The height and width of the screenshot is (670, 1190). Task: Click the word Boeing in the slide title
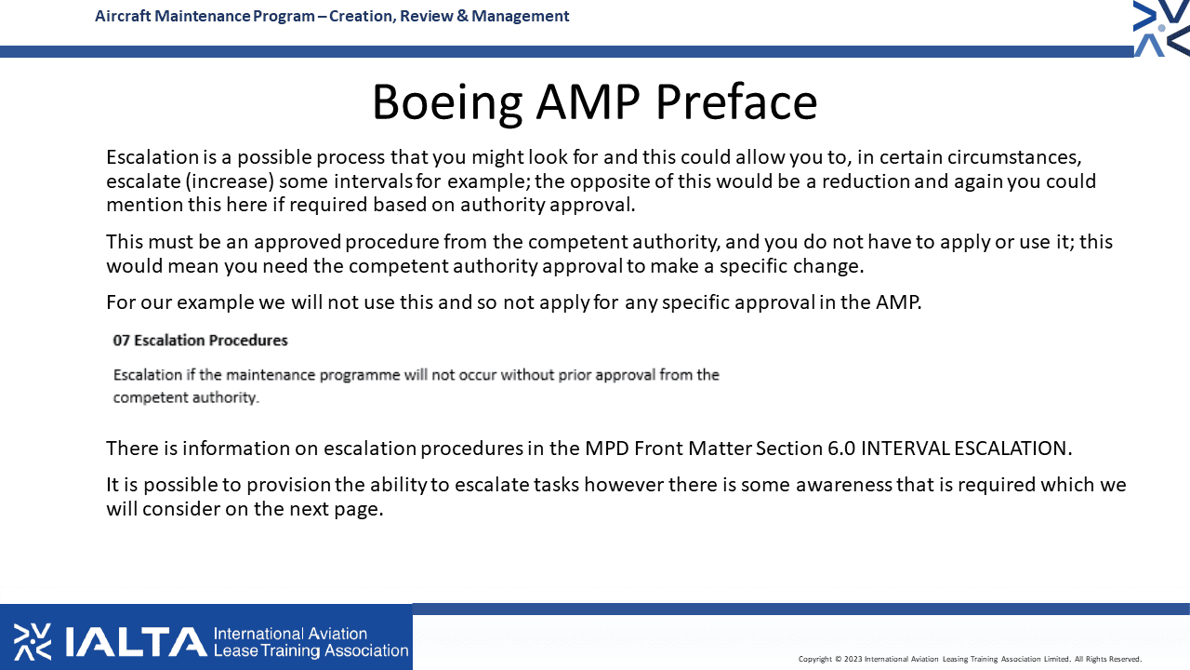[x=447, y=103]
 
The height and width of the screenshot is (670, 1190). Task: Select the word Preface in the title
[x=736, y=101]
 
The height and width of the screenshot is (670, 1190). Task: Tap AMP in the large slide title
[x=588, y=102]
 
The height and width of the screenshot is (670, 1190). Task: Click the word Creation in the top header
[x=362, y=17]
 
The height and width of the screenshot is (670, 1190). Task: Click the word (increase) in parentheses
[x=230, y=181]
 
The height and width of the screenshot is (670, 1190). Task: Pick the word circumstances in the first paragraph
[x=1014, y=157]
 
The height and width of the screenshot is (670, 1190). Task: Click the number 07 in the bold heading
[x=121, y=341]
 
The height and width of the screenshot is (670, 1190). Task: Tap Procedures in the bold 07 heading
[x=248, y=341]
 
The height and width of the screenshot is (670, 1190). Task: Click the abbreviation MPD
[x=607, y=449]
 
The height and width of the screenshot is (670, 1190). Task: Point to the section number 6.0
[x=841, y=449]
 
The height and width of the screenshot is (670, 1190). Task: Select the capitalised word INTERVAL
[x=906, y=449]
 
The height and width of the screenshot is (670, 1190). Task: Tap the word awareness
[x=843, y=485]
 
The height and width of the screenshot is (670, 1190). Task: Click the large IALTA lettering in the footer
[x=136, y=642]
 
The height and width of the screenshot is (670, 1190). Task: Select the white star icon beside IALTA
[x=33, y=642]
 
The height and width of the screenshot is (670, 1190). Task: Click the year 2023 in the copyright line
[x=853, y=660]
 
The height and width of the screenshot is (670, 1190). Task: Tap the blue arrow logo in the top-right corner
[x=1161, y=28]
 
